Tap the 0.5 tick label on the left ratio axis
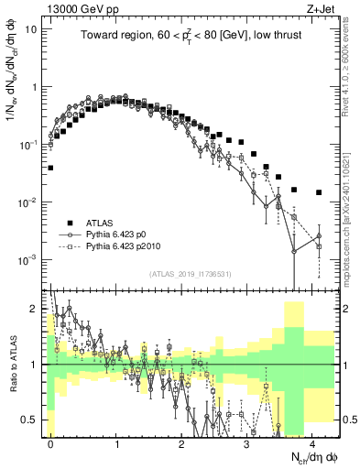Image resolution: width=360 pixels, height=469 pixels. pyautogui.click(x=32, y=420)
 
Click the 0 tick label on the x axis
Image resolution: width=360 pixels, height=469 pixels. pyautogui.click(x=51, y=442)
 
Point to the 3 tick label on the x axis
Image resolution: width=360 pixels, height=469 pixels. pyautogui.click(x=247, y=442)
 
